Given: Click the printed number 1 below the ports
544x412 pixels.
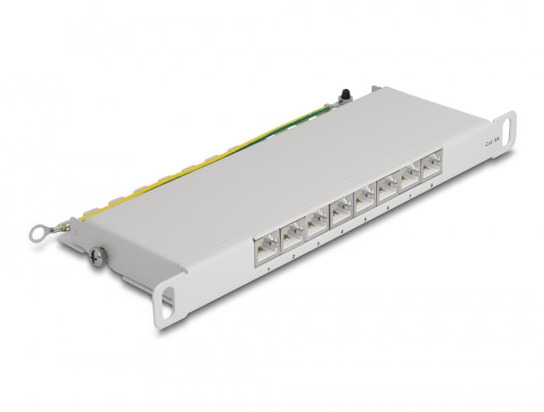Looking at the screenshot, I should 268,268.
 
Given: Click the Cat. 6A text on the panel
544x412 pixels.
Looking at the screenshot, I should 493,141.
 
